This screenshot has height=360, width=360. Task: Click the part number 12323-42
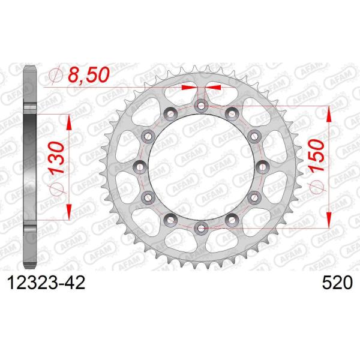(x=43, y=281)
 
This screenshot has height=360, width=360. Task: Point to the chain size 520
(x=335, y=281)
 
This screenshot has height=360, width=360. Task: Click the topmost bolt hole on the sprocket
(x=201, y=106)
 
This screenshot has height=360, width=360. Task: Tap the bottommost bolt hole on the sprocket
(x=201, y=227)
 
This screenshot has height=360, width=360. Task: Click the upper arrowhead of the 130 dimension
(x=70, y=121)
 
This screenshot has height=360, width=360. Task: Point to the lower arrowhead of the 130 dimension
(x=70, y=211)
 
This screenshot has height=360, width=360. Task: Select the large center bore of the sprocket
(x=201, y=167)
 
